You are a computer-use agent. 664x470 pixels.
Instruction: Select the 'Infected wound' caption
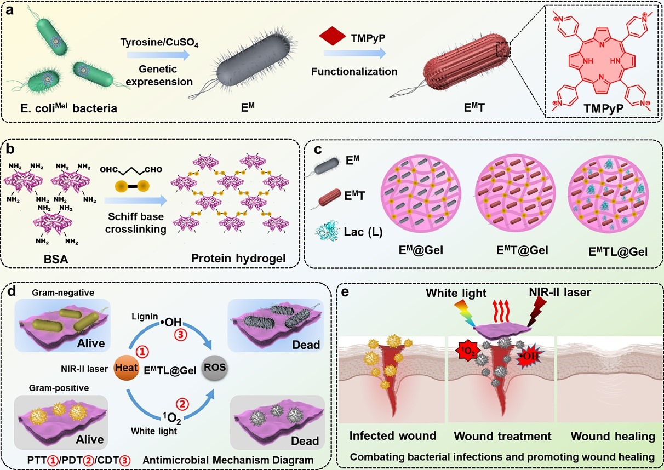click(x=393, y=436)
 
